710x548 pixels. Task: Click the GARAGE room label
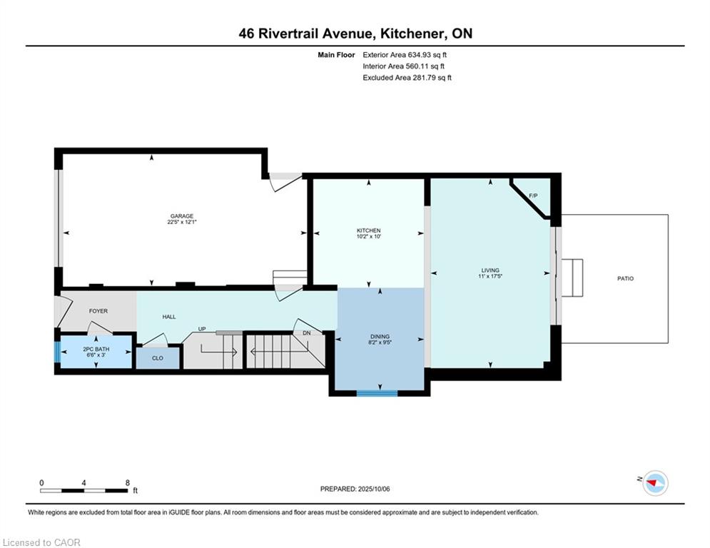coord(181,216)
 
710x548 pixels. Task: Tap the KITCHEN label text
coord(369,230)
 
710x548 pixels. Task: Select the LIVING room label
coord(490,270)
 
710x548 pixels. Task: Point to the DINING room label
coord(380,337)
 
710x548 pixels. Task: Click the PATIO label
coord(625,278)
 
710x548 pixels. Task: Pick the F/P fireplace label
coord(534,196)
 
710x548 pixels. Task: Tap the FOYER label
coord(98,311)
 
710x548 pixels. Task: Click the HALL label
coord(169,317)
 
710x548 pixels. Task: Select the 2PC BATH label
coord(96,349)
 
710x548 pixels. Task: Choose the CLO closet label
coord(158,358)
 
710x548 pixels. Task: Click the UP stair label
coord(202,329)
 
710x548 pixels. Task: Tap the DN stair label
coord(307,333)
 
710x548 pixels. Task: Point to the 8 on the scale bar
coord(128,483)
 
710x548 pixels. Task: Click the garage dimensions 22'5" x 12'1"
coord(181,223)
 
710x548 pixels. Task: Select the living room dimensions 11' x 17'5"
coord(490,276)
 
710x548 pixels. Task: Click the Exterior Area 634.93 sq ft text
coord(405,55)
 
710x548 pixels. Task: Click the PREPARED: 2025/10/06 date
coord(355,489)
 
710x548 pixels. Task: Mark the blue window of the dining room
coord(377,393)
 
